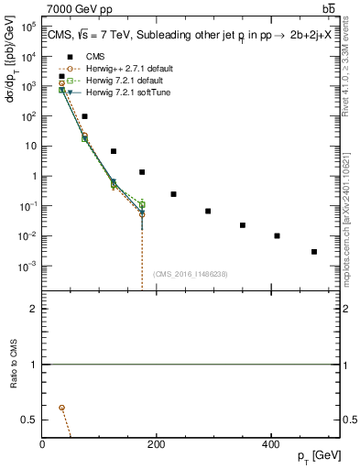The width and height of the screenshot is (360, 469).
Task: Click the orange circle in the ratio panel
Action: coord(61,407)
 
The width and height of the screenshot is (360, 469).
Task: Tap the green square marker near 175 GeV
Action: coord(142,204)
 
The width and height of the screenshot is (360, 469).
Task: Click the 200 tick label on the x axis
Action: coord(157,444)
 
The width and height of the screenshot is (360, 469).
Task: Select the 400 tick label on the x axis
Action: coord(270,444)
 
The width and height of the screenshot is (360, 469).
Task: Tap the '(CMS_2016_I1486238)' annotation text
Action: coord(191,274)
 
